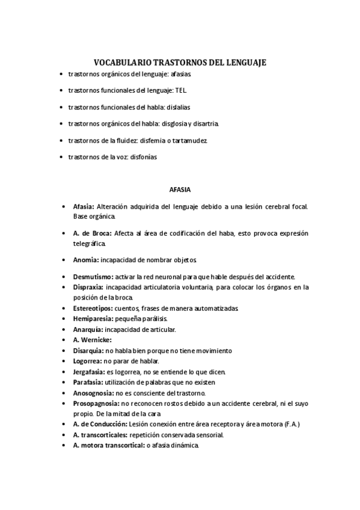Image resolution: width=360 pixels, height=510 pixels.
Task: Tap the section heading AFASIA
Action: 180,189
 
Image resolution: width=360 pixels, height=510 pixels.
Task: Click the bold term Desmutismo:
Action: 93,277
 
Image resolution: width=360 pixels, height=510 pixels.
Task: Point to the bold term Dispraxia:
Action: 90,287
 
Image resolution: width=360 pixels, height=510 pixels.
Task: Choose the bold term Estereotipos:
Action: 94,309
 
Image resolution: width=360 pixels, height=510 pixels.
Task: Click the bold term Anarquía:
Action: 88,330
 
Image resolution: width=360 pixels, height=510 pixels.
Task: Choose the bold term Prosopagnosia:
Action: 96,403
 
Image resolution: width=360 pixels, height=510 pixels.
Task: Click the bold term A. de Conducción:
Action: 100,424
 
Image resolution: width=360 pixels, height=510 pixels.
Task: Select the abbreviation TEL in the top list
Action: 181,90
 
